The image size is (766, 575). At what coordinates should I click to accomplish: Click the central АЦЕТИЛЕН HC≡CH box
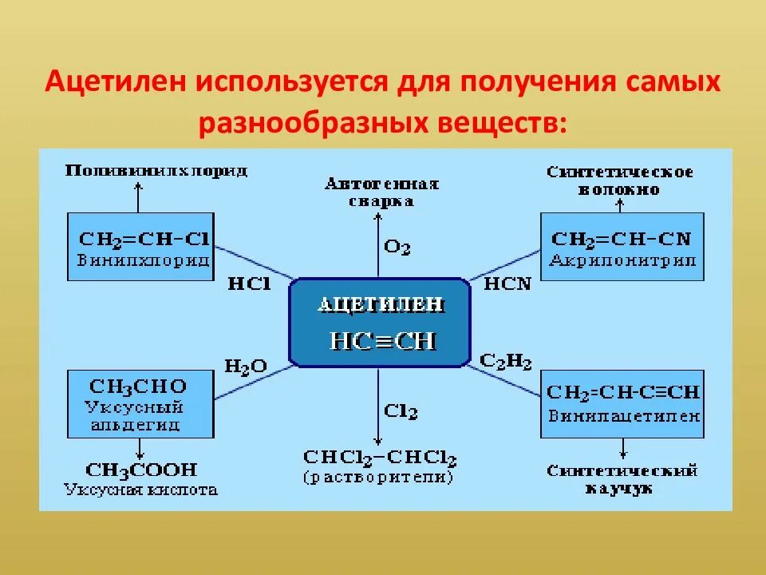click(x=379, y=322)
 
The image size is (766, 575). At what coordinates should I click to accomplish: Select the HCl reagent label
click(x=250, y=284)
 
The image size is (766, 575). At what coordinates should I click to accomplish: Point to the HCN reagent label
click(x=507, y=284)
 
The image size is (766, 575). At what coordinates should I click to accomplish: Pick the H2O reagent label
click(x=246, y=367)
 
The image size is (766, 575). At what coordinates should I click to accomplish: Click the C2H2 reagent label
click(x=506, y=362)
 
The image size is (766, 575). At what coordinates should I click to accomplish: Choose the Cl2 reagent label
click(x=400, y=411)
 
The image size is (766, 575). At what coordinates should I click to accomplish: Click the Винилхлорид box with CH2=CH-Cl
click(x=140, y=246)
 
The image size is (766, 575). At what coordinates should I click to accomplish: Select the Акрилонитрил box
click(x=622, y=246)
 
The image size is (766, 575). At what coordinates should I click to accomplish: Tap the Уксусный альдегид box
click(x=140, y=403)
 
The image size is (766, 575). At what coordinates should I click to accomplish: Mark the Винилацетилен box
click(x=622, y=403)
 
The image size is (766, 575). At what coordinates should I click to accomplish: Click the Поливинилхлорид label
click(x=156, y=171)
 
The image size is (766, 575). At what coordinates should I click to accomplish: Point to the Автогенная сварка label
click(x=381, y=192)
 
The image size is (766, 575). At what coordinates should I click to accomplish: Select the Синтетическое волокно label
click(x=619, y=180)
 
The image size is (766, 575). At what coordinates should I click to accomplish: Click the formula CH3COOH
click(x=141, y=470)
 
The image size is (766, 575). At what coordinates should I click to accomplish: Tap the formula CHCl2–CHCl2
click(x=380, y=458)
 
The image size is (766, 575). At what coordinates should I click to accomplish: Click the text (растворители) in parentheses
click(x=378, y=478)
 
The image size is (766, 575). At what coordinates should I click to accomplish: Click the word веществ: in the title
click(x=503, y=123)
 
